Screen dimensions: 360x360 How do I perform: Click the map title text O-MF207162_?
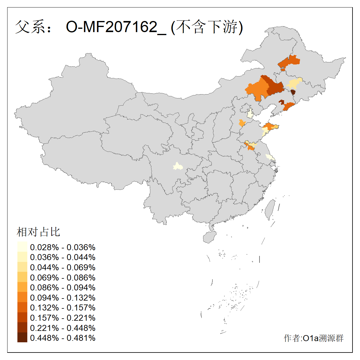(116, 27)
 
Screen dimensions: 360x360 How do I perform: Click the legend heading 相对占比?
(38, 232)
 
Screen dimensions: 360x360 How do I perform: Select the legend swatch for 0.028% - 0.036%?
(22, 247)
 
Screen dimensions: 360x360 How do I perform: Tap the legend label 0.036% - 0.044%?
(63, 257)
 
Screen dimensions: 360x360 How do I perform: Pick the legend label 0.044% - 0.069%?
(63, 267)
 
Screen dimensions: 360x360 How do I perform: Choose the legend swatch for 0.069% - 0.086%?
(22, 277)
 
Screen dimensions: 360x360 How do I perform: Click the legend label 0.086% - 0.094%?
(63, 287)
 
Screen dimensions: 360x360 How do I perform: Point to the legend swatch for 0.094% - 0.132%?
(22, 297)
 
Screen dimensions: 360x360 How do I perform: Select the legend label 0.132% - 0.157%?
(63, 307)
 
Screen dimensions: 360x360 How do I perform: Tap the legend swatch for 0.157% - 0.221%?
(22, 317)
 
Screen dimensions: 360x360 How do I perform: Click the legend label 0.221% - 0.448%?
(63, 328)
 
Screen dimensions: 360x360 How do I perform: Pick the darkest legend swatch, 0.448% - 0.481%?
(22, 337)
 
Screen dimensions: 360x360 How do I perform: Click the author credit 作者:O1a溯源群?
(313, 338)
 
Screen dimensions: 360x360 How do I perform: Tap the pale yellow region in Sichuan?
(178, 166)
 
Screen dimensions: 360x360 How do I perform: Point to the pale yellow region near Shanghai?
(270, 157)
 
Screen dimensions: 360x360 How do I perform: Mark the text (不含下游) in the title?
(207, 27)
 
